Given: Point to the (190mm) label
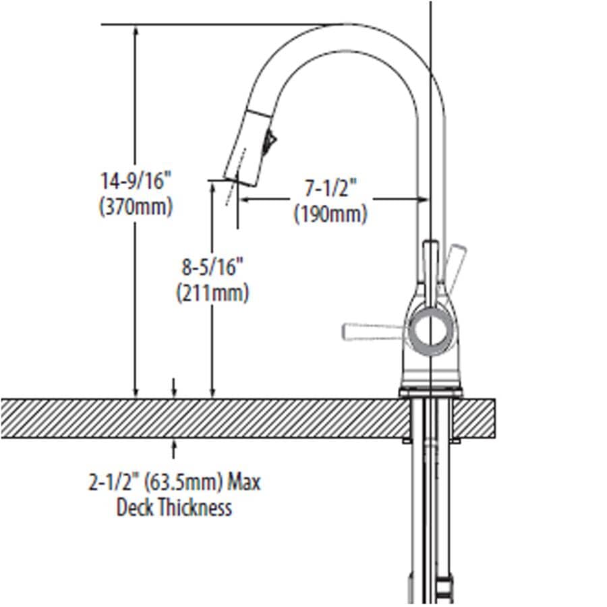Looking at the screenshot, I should [330, 214].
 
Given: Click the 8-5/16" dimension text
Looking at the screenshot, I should [212, 268].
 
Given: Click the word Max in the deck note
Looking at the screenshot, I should [243, 482].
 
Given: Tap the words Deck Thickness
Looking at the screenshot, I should [174, 507].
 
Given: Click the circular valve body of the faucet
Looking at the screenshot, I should [430, 330].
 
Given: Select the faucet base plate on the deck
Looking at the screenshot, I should [430, 393].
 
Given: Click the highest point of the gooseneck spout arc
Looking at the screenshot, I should [344, 26].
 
